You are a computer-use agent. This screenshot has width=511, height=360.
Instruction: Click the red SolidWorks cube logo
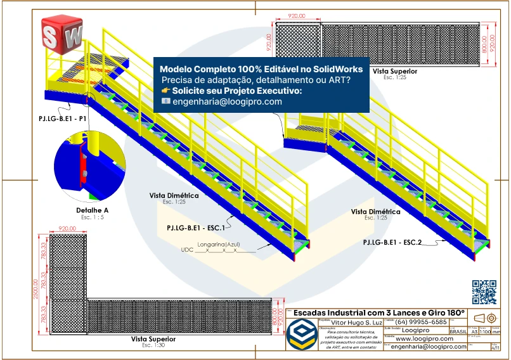61,35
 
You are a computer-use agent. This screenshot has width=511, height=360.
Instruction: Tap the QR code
485,291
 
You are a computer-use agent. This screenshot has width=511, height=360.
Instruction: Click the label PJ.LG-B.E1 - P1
61,119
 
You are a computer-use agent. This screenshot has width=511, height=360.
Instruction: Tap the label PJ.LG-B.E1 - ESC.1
196,226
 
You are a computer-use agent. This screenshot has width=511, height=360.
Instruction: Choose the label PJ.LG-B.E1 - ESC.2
392,242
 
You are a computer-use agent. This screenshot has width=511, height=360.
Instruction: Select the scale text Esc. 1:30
153,345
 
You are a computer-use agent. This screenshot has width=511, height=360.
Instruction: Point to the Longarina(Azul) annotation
219,243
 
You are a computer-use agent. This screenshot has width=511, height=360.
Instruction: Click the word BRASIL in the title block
458,331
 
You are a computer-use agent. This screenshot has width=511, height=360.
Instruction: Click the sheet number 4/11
496,348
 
